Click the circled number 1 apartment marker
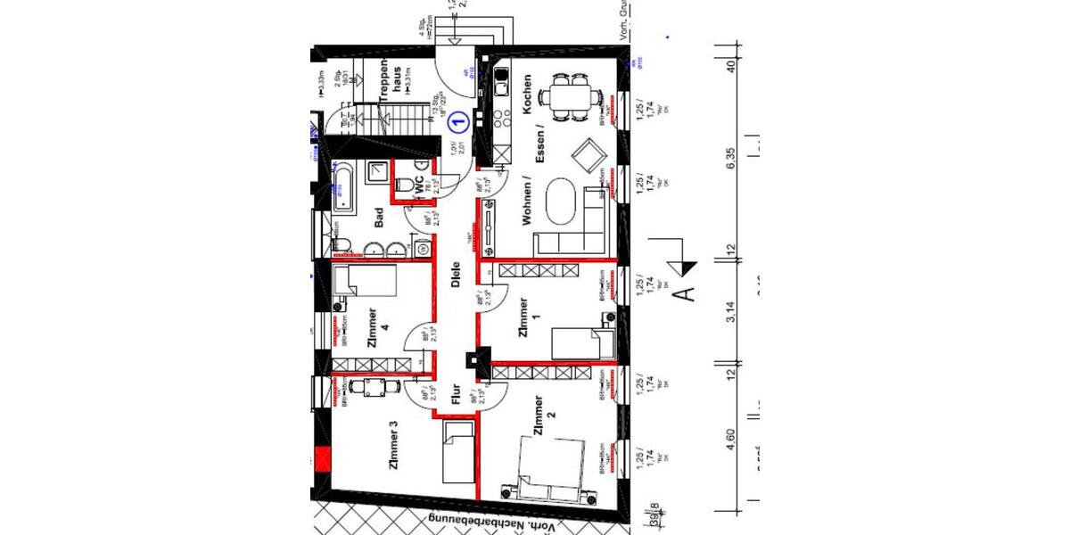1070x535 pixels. pyautogui.click(x=457, y=119)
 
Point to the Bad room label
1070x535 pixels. pyautogui.click(x=379, y=218)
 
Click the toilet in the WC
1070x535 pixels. pyautogui.click(x=406, y=185)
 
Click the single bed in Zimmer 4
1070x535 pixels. pyautogui.click(x=365, y=284)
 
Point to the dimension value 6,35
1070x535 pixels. pyautogui.click(x=732, y=165)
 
